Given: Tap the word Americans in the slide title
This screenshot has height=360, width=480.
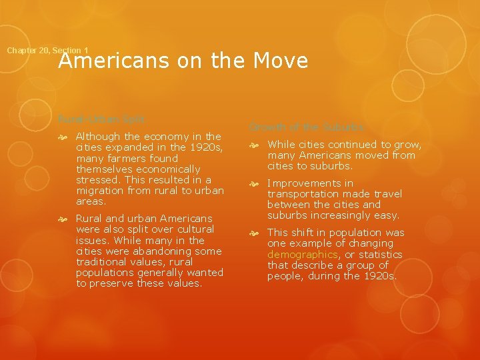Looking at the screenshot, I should coord(116,61).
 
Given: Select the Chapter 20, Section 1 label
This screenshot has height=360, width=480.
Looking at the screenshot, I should coord(47,51).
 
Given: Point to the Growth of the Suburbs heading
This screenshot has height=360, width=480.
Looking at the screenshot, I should coord(307,127).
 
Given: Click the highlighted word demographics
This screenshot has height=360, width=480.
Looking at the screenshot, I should coord(303,255).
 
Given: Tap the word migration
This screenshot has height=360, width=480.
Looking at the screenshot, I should coord(100,191).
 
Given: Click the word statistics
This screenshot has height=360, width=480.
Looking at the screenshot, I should coord(379,255).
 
